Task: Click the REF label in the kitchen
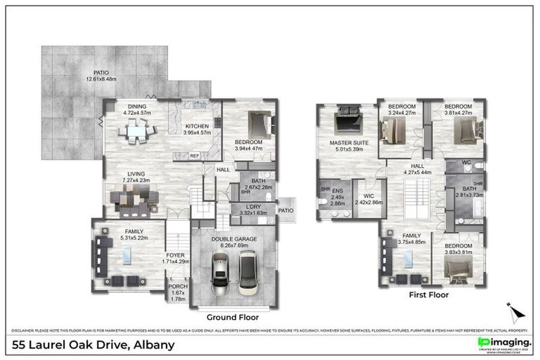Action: pos(195,155)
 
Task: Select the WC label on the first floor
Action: pos(466,162)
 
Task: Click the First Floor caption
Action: pos(428,295)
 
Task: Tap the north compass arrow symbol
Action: pos(514,310)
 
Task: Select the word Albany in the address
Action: pos(153,345)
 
